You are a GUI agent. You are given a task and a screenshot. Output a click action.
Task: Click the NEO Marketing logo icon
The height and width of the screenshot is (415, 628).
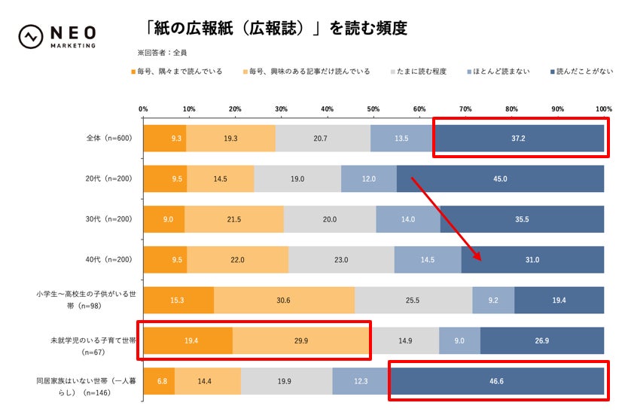tap(31, 36)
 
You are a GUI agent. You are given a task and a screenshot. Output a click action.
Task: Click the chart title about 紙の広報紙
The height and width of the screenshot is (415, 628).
tap(276, 29)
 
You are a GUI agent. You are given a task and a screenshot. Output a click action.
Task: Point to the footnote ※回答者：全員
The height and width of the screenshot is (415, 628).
tap(162, 53)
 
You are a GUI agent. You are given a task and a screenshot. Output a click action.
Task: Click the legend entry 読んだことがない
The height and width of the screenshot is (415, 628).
tap(579, 72)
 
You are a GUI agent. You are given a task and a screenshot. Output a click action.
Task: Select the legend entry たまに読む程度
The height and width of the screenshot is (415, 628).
tap(421, 72)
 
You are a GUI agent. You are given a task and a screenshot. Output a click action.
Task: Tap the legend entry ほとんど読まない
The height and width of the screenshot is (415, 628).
tap(501, 72)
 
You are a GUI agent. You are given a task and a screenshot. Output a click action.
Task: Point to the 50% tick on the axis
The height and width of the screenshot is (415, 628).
tap(373, 109)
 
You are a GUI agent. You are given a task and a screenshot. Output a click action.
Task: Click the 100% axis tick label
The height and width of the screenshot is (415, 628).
tap(602, 109)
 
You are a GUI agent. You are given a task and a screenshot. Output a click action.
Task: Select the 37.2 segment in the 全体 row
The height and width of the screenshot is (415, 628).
tap(518, 139)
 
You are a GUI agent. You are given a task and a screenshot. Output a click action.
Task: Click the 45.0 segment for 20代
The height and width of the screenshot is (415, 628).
tap(500, 179)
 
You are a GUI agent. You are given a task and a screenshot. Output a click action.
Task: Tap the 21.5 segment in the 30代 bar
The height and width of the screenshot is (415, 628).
tap(234, 219)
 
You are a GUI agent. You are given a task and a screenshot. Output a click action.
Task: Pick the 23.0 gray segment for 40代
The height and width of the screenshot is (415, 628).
tap(341, 259)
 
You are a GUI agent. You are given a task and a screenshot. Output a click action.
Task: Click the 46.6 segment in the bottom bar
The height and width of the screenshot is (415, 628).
tap(497, 380)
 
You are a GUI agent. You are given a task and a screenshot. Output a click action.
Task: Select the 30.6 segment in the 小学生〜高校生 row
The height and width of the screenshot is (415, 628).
tap(284, 300)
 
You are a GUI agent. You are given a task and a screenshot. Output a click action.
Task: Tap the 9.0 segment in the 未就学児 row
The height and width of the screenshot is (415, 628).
tap(459, 340)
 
